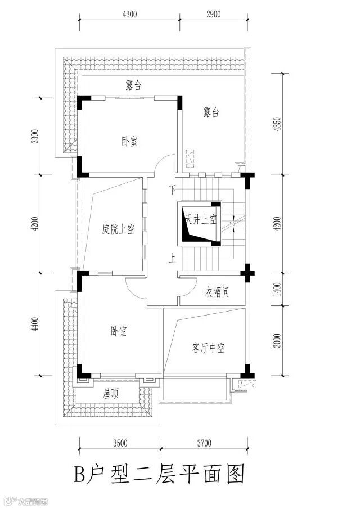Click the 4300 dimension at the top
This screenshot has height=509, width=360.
pos(129,15)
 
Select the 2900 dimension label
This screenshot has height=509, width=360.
pos(213,15)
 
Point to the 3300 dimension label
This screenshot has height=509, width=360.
pos(35,136)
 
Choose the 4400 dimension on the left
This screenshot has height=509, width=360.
pos(35,325)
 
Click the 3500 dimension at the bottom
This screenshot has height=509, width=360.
pos(119,443)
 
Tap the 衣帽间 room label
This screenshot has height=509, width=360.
pos(217,292)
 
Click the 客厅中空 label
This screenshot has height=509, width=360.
pos(208,349)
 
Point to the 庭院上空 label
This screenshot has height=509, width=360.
pos(118,229)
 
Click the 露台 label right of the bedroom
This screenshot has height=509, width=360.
pos(211,112)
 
